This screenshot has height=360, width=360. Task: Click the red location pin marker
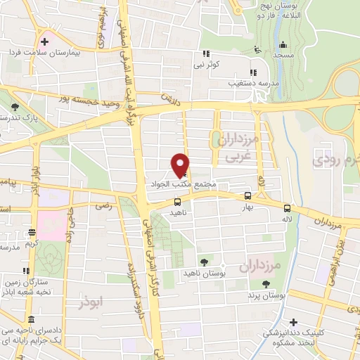pyautogui.click(x=180, y=165)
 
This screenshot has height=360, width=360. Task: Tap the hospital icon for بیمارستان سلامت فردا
pyautogui.click(x=45, y=41)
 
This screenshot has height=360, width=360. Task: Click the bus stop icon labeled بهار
pyautogui.click(x=247, y=196)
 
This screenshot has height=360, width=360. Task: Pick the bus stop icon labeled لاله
pyautogui.click(x=287, y=207)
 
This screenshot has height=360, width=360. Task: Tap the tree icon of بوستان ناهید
pyautogui.click(x=205, y=262)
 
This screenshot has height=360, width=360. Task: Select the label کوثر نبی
pyautogui.click(x=209, y=64)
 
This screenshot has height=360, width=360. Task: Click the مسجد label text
pyautogui.click(x=284, y=54)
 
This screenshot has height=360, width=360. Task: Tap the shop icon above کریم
pyautogui.click(x=32, y=233)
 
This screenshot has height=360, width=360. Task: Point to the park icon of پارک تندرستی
pyautogui.click(x=15, y=107)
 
